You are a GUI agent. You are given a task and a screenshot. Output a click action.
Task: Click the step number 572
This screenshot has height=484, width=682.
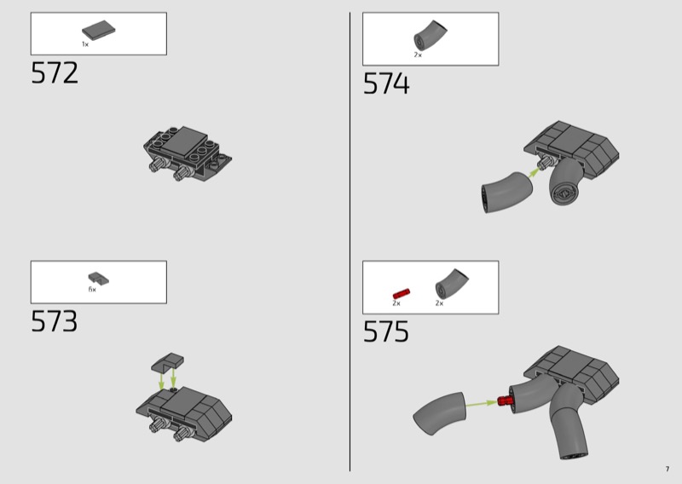[55, 72]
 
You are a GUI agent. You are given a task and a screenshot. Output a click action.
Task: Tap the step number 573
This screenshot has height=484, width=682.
[54, 321]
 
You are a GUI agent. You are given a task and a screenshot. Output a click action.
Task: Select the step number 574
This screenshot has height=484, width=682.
[386, 84]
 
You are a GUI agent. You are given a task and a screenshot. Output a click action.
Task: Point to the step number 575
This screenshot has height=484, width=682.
[386, 331]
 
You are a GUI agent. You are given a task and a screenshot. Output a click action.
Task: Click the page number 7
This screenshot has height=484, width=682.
[668, 469]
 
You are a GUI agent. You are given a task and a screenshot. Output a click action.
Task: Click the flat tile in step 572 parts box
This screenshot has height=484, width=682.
[99, 30]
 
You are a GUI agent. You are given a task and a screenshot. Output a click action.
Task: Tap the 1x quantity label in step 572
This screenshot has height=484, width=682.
[85, 44]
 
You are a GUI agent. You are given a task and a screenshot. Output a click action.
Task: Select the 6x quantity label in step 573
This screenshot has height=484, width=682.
[92, 290]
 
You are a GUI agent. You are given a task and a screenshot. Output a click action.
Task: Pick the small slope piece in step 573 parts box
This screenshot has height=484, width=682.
[99, 279]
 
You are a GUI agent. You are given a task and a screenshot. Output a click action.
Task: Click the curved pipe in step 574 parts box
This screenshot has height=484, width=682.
[429, 35]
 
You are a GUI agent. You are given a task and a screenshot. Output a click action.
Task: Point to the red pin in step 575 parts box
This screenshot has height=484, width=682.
[402, 293]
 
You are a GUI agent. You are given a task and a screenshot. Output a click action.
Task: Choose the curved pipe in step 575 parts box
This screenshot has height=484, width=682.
[451, 284]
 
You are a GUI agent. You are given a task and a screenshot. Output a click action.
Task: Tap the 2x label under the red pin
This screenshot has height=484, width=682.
[396, 303]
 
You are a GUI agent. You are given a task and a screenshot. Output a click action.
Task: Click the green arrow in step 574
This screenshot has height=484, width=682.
[535, 172]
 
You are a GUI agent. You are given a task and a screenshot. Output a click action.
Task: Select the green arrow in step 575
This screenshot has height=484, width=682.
[481, 404]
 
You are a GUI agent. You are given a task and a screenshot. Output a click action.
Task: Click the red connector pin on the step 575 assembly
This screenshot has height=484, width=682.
[504, 400]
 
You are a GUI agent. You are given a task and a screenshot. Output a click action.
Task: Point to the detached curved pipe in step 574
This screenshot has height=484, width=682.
[506, 192]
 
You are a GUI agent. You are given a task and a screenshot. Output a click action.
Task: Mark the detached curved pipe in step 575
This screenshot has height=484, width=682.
[439, 413]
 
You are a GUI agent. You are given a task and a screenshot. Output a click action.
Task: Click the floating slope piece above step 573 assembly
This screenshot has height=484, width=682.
[167, 362]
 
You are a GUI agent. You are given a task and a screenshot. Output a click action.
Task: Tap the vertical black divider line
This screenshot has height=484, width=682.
[350, 242]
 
